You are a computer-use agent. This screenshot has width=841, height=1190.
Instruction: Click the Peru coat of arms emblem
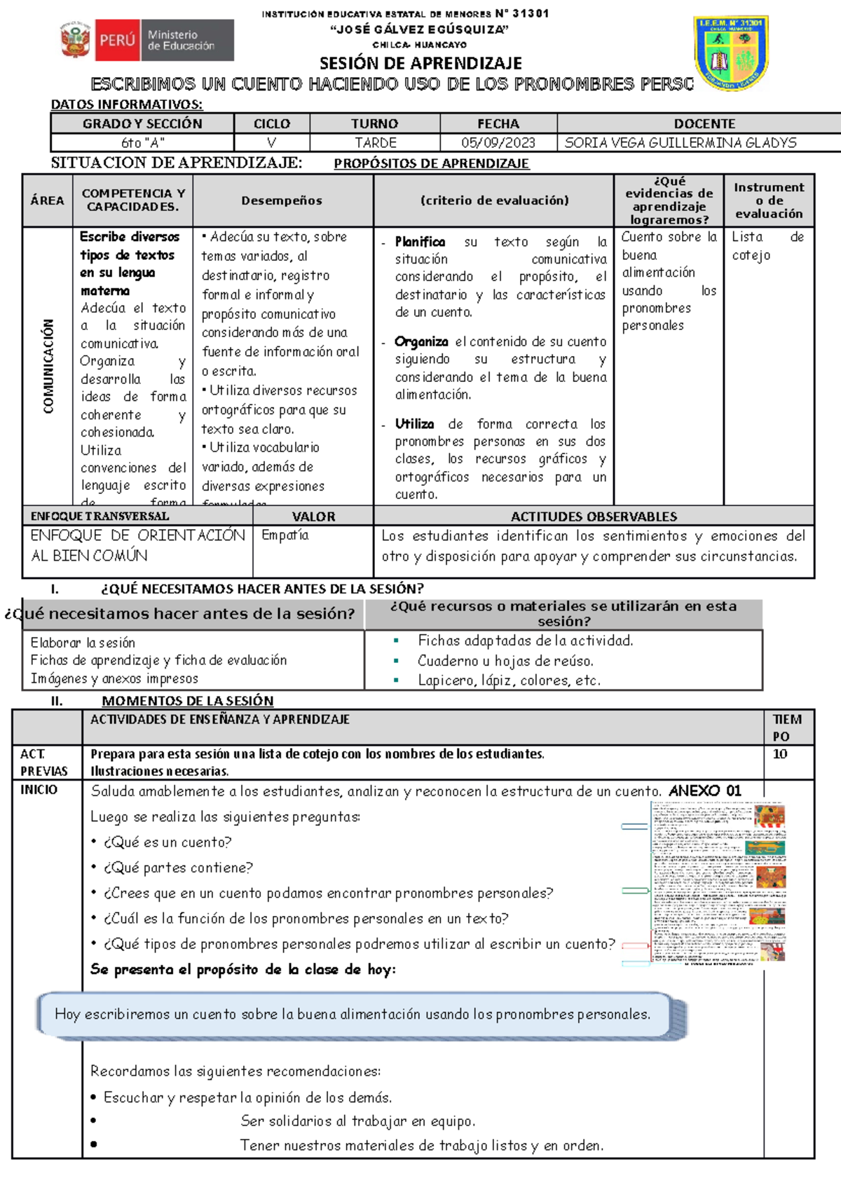click(x=75, y=40)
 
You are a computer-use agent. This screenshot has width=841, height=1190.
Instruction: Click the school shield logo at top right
click(x=731, y=53)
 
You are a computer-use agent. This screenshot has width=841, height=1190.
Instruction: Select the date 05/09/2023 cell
click(x=498, y=143)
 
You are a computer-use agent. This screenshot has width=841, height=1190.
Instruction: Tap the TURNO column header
click(x=374, y=124)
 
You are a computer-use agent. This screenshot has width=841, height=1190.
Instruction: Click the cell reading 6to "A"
click(x=142, y=143)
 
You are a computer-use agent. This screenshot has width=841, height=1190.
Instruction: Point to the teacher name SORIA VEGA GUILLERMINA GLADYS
click(x=680, y=143)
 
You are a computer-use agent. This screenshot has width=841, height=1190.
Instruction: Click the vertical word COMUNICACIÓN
click(x=48, y=366)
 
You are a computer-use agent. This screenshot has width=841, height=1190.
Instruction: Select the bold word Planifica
click(x=420, y=242)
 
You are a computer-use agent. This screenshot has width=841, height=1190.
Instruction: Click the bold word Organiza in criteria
click(x=420, y=342)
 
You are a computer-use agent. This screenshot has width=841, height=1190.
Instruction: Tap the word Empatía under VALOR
click(x=285, y=535)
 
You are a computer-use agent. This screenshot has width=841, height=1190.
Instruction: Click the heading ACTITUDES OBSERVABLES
click(x=593, y=517)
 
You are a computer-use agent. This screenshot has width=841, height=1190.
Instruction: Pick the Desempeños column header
click(x=282, y=200)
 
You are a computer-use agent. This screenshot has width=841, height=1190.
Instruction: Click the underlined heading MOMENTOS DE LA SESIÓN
click(x=187, y=701)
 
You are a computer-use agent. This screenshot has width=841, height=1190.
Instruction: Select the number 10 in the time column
click(x=779, y=754)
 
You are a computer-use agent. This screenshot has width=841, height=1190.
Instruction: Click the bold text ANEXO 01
click(x=704, y=791)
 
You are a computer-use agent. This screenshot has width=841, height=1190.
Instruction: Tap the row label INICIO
click(x=39, y=790)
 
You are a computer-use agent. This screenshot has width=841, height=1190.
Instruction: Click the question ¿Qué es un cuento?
click(x=167, y=842)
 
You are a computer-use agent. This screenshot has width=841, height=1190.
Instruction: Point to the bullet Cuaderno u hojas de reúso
click(x=505, y=661)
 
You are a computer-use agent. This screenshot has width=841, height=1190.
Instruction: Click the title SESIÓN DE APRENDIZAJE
click(x=420, y=63)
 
